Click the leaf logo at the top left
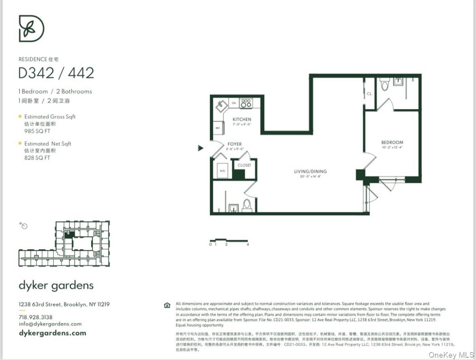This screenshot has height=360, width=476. tap(32, 28)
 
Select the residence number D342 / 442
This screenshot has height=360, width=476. tap(56, 73)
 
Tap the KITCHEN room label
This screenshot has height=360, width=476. tap(242, 120)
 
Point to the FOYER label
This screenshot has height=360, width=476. tap(234, 144)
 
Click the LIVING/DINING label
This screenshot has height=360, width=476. tap(310, 172)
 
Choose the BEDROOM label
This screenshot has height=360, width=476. tap(392, 142)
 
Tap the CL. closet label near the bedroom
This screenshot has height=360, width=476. tap(369, 94)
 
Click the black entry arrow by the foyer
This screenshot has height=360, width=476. tap(201, 148)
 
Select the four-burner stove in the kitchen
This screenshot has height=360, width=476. tap(246, 103)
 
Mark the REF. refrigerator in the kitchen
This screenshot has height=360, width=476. tap(217, 128)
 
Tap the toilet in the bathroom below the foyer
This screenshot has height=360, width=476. tap(247, 205)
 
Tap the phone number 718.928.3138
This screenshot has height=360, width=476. tap(36, 317)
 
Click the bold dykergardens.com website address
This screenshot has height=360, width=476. tap(52, 333)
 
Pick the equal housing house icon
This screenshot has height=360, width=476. tap(167, 305)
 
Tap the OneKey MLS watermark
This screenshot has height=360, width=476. tap(451, 354)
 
